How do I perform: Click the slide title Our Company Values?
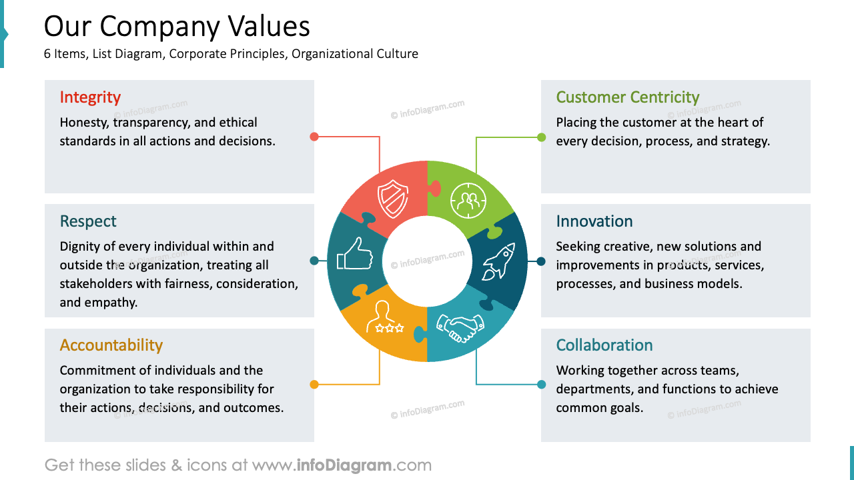(177, 27)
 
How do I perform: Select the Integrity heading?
(90, 97)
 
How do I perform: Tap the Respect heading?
(88, 221)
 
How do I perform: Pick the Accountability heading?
(111, 345)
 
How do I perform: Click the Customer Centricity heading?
(627, 97)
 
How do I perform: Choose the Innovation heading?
(594, 221)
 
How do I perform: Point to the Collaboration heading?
(604, 345)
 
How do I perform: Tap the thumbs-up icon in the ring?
(354, 254)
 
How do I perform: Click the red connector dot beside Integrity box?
(314, 137)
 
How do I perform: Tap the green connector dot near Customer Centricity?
(541, 137)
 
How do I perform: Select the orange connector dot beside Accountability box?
(314, 384)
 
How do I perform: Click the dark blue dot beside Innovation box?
(541, 261)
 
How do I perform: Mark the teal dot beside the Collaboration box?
(541, 384)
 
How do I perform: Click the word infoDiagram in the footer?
(345, 465)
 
